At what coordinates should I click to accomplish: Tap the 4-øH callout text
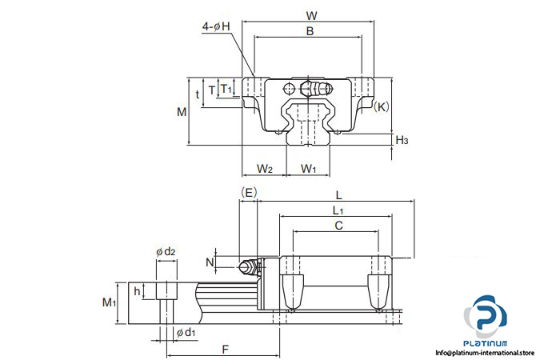click(x=216, y=26)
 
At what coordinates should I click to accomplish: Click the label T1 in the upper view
click(x=226, y=89)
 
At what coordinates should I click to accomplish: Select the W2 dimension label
click(x=266, y=168)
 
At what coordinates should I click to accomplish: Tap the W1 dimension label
click(x=309, y=168)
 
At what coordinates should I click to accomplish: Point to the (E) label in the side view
click(x=248, y=192)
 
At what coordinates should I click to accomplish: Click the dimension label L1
click(x=338, y=210)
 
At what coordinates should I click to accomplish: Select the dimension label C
click(x=338, y=226)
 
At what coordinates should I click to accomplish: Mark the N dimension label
click(x=210, y=262)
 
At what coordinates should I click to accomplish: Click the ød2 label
click(x=166, y=252)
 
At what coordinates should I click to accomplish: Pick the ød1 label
click(x=186, y=332)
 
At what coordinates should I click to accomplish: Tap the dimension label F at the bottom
click(x=225, y=349)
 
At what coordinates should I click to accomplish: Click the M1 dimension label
click(x=110, y=302)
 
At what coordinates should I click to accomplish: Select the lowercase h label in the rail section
click(x=138, y=290)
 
